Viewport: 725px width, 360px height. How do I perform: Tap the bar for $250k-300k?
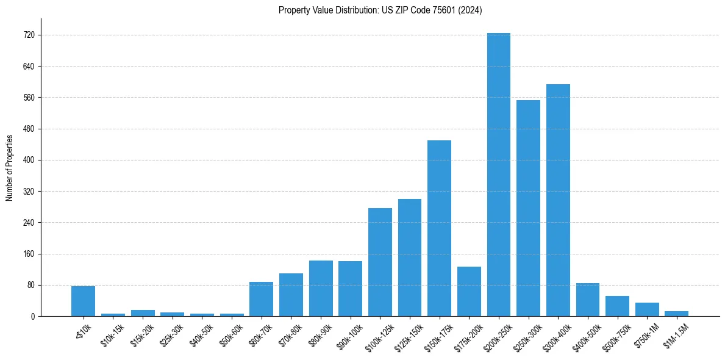(528, 208)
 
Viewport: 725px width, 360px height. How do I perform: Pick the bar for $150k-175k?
(439, 228)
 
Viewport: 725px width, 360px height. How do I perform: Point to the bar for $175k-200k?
(469, 291)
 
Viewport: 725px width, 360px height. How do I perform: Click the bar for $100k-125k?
(380, 262)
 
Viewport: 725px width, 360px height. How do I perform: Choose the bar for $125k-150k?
(410, 257)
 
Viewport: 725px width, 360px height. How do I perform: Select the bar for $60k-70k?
(261, 299)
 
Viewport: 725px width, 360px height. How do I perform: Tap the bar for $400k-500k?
(587, 300)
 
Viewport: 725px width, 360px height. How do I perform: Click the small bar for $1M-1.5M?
(676, 314)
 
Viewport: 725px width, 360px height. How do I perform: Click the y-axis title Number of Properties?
(10, 167)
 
